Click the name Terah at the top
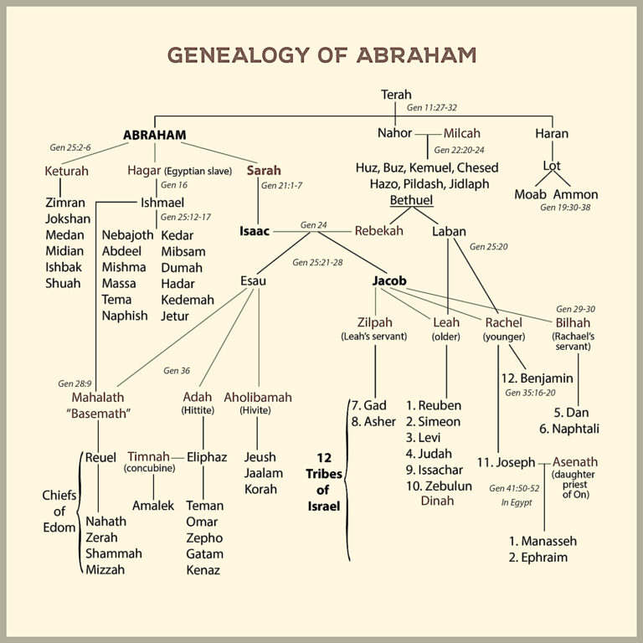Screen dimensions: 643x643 tap(396, 95)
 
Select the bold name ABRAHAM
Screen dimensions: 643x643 tap(155, 135)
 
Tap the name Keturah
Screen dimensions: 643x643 tap(66, 171)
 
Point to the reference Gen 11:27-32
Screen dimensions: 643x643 tap(431, 107)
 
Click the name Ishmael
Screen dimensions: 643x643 tap(162, 203)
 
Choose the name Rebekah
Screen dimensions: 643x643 tap(379, 231)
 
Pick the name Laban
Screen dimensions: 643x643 tap(449, 231)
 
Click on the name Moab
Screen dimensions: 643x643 tap(530, 194)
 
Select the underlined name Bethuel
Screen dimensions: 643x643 tap(411, 200)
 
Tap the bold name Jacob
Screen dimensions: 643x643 tap(389, 281)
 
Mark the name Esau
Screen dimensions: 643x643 tap(253, 281)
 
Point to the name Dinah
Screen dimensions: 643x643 tap(437, 501)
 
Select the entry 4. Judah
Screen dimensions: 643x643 tap(429, 454)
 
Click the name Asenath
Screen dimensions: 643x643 tap(575, 462)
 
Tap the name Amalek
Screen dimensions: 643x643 tap(153, 506)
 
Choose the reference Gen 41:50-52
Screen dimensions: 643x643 tap(514, 488)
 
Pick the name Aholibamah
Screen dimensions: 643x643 tap(258, 398)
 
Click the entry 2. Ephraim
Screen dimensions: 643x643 tap(538, 558)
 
